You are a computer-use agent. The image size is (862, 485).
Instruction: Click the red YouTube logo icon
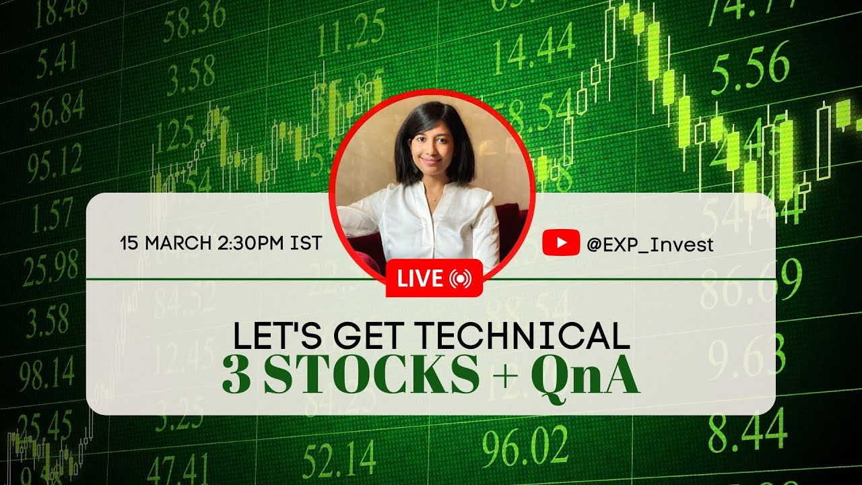560,243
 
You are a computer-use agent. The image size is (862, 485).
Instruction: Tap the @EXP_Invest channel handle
649,245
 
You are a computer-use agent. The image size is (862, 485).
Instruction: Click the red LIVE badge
434,278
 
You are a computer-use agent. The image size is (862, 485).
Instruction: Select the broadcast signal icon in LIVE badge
460,278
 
